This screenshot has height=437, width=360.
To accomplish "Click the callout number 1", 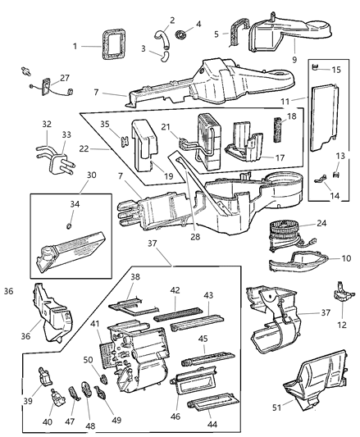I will click(75, 46).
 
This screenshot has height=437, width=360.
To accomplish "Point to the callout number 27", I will click(64, 78).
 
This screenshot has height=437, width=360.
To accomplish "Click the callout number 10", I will click(345, 257).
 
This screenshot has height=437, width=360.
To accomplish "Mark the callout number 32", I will click(46, 125).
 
